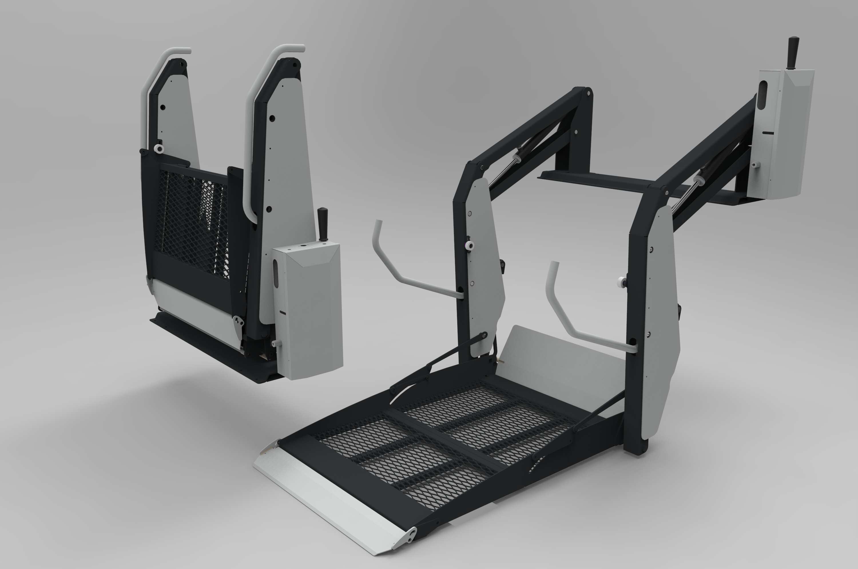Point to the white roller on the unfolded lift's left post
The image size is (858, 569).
pyautogui.click(x=470, y=246)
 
